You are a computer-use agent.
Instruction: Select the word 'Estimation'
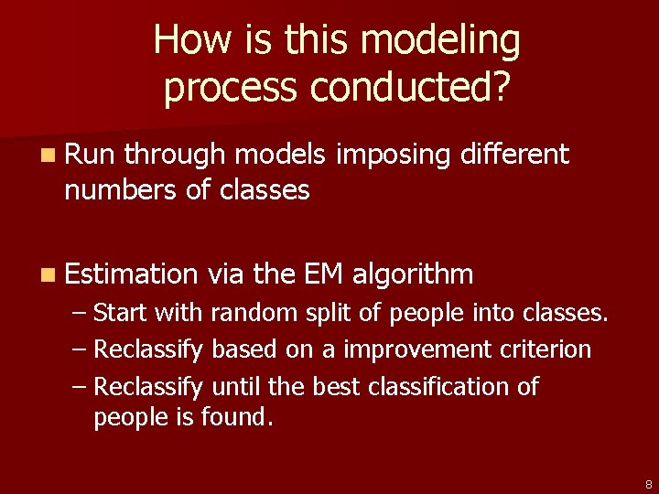pos(131,274)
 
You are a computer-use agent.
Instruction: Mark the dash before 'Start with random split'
pos(80,314)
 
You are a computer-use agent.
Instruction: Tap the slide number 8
pos(648,484)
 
